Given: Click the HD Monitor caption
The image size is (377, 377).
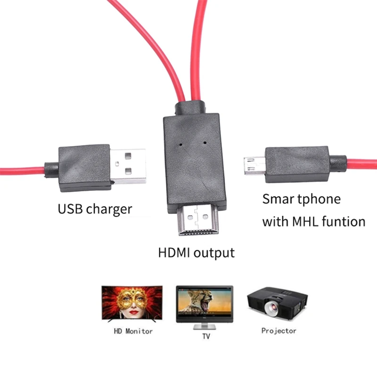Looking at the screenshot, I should (133, 331).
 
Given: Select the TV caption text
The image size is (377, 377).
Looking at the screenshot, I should (206, 336).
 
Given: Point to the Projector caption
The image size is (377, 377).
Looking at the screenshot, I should (279, 331).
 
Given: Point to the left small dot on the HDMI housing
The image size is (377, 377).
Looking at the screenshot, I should (181, 141).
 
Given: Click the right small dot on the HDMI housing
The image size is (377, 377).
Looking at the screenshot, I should (205, 141).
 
